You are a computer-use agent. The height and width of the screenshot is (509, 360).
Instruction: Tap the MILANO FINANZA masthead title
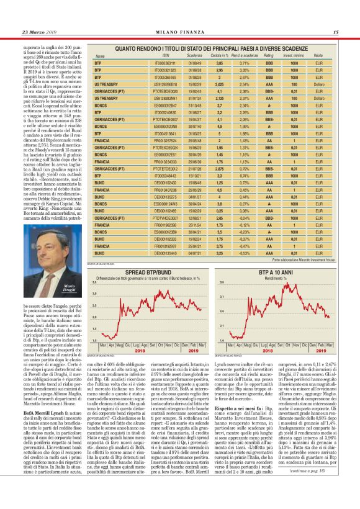tap(180, 32)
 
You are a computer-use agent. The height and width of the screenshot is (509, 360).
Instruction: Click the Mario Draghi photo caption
tap(69, 289)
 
